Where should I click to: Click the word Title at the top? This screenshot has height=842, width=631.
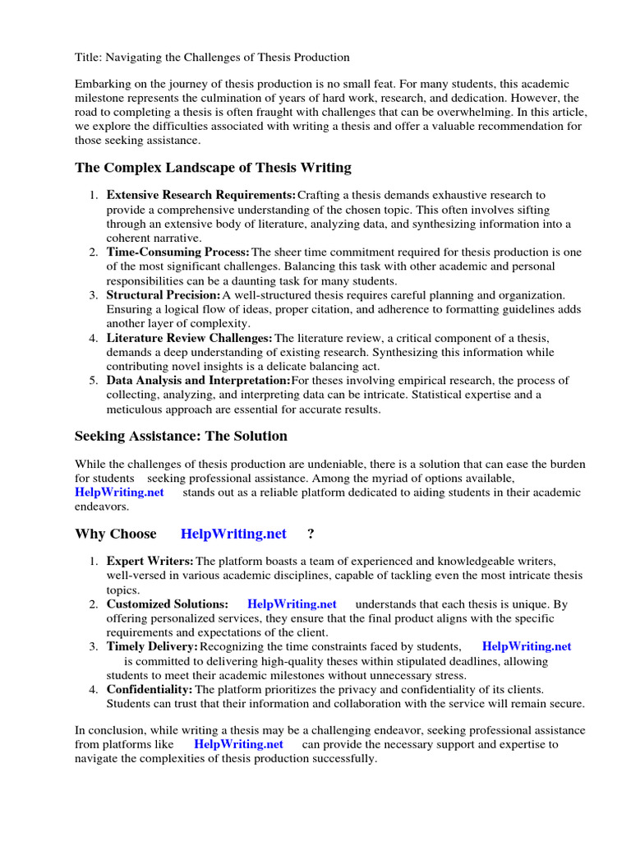[88, 58]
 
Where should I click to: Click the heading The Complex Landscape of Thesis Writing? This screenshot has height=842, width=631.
[213, 168]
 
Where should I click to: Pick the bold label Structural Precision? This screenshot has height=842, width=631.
[163, 294]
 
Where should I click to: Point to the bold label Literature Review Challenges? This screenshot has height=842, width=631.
[189, 338]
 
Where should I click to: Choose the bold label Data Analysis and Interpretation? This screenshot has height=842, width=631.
[198, 381]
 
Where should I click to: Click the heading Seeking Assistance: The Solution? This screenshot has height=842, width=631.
[181, 436]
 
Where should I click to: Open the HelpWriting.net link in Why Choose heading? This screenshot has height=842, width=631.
[233, 534]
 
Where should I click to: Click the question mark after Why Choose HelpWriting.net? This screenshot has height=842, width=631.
[311, 534]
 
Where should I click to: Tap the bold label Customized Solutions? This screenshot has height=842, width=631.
[167, 604]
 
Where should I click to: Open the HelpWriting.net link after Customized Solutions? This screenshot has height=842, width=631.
[292, 604]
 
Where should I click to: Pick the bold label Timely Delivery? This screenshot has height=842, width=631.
[152, 646]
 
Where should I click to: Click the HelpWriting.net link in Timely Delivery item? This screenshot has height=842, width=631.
[526, 646]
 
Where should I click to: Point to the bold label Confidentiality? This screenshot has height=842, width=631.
[150, 689]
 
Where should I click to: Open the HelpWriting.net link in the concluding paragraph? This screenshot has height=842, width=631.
[238, 744]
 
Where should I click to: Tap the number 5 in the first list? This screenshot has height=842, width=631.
[94, 381]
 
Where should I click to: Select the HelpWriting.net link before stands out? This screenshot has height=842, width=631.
[119, 493]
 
